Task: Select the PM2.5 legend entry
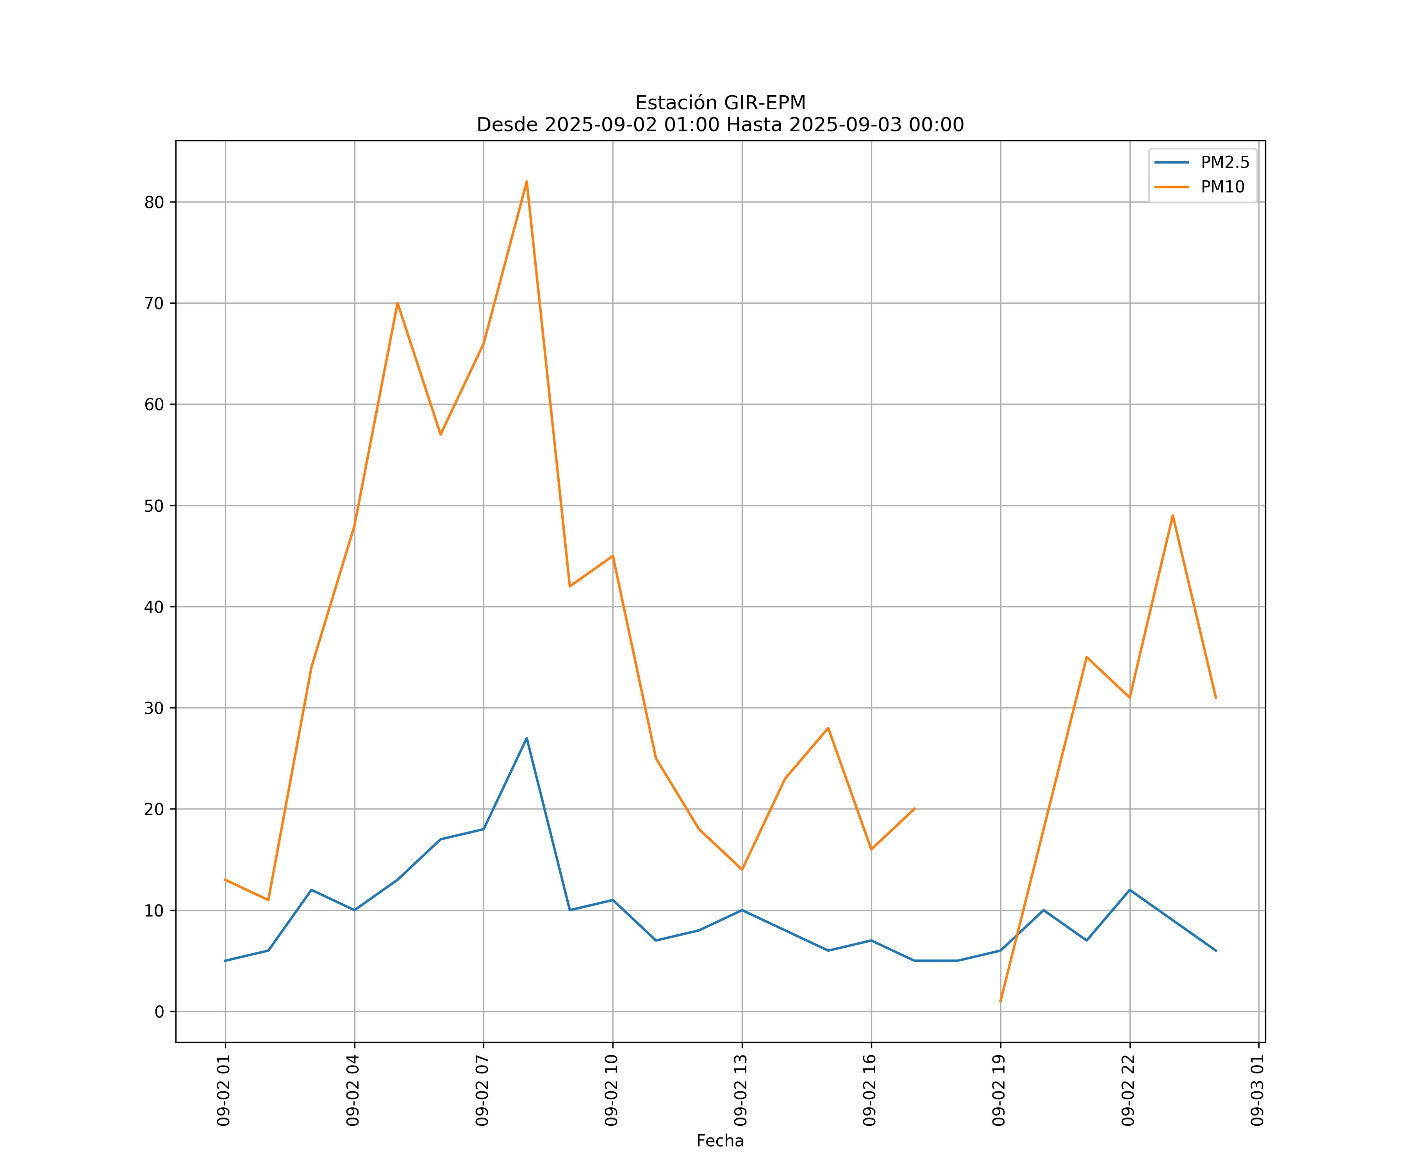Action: coord(1224,163)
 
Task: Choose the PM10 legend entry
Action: coord(1222,187)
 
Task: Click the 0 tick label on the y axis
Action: coord(159,1012)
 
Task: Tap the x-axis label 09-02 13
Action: coord(740,1090)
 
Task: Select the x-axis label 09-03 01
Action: coord(1257,1090)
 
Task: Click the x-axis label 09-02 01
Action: coord(224,1090)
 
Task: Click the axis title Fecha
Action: coord(720,1141)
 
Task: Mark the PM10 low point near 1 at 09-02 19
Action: coord(1000,1002)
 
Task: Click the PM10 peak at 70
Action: coord(397,303)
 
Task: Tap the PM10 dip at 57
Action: coord(441,434)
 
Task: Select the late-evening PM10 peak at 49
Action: coord(1172,515)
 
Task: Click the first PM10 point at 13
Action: coord(226,880)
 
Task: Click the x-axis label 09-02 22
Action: coord(1128,1090)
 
